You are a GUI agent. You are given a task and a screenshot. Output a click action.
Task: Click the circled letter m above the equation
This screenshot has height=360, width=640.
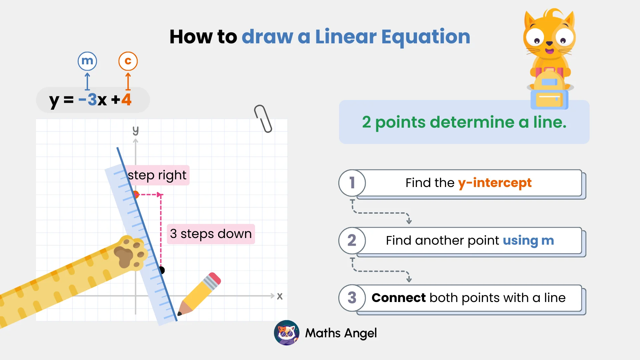pyautogui.click(x=87, y=61)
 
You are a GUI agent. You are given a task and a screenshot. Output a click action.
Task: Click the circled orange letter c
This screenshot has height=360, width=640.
pyautogui.click(x=128, y=61)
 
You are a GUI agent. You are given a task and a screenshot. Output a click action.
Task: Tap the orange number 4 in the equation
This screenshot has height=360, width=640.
pyautogui.click(x=126, y=99)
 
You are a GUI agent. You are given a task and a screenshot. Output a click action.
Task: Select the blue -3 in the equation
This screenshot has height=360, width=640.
pyautogui.click(x=88, y=99)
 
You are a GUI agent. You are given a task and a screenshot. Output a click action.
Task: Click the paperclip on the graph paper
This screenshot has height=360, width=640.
pyautogui.click(x=263, y=119)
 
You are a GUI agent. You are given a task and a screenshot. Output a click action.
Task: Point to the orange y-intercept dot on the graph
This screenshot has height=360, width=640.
pyautogui.click(x=136, y=194)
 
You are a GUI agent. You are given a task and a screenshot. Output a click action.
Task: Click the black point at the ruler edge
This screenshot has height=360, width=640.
pyautogui.click(x=162, y=270)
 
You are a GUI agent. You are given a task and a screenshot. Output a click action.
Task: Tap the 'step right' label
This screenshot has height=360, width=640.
pyautogui.click(x=157, y=175)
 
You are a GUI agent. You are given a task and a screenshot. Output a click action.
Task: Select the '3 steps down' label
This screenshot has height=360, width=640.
pyautogui.click(x=211, y=234)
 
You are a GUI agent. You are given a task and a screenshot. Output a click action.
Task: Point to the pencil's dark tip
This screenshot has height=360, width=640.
pyautogui.click(x=180, y=313)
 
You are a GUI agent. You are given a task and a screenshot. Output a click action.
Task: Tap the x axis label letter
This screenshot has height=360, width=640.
pyautogui.click(x=280, y=296)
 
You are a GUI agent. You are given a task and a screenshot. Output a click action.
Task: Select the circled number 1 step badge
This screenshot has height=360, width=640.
pyautogui.click(x=352, y=183)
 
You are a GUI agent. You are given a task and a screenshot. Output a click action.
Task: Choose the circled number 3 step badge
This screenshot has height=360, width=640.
pyautogui.click(x=352, y=298)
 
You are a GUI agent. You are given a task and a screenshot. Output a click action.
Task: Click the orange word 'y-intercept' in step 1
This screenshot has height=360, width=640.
pyautogui.click(x=495, y=183)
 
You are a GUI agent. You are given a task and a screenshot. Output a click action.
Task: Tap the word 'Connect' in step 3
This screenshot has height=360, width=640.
pyautogui.click(x=399, y=298)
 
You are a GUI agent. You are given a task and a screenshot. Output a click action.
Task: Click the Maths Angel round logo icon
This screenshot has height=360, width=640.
pyautogui.click(x=287, y=333)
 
